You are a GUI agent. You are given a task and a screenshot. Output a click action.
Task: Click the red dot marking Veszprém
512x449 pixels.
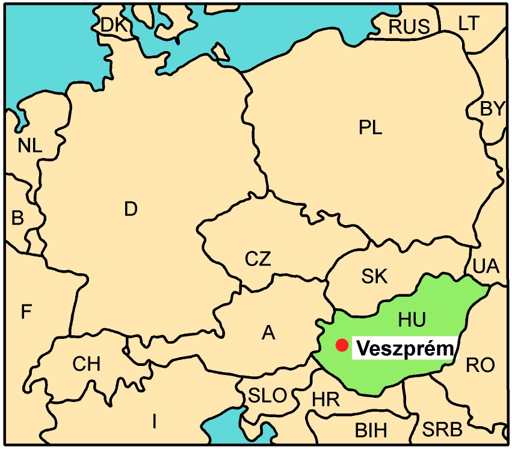[x=342, y=345]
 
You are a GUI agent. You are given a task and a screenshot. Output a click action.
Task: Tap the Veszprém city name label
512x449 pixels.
[x=403, y=348]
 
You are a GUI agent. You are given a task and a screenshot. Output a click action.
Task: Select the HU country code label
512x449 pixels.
[x=412, y=320]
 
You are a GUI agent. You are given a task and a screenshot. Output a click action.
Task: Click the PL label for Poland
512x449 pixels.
[x=370, y=128]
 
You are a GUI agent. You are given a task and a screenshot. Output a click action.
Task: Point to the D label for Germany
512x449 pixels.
[x=131, y=209]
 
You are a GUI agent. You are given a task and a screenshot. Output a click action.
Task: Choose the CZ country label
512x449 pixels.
[x=258, y=259]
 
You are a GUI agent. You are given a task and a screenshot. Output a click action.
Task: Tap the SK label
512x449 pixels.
[x=374, y=277]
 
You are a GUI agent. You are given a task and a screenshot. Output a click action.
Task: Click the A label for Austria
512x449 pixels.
[x=268, y=332]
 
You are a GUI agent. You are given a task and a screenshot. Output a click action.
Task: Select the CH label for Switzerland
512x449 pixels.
[x=87, y=364]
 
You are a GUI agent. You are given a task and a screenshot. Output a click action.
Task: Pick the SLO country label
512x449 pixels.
[x=268, y=395]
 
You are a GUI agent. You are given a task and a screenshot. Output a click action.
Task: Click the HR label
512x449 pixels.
[x=325, y=399]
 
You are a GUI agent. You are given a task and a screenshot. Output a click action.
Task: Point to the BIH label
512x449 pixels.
[x=371, y=430]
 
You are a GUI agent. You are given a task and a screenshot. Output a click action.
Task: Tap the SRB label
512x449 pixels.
[x=442, y=430]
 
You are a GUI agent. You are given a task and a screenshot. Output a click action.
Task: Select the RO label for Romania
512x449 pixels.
[x=480, y=364]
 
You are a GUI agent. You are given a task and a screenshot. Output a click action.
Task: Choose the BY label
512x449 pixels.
[x=493, y=109]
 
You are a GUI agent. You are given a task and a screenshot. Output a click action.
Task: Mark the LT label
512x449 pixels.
[x=469, y=23]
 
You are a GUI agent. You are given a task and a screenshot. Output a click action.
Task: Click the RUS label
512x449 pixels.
[x=409, y=26]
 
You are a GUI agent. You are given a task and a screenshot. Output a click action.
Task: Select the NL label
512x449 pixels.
[x=30, y=145]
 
